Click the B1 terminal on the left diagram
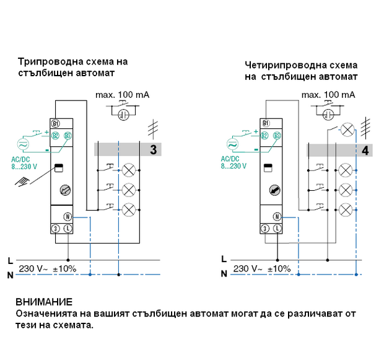click(x=56, y=123)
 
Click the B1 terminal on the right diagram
click(x=266, y=123)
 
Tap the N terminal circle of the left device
click(x=68, y=216)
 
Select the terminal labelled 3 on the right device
click(x=265, y=229)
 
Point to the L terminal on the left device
click(x=68, y=229)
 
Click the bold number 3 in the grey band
click(x=153, y=149)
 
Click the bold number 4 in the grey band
click(x=365, y=150)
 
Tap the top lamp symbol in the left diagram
click(x=129, y=169)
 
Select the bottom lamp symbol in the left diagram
click(x=129, y=209)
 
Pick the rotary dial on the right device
click(x=273, y=190)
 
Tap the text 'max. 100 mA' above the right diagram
click(x=328, y=95)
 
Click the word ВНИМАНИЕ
click(x=44, y=302)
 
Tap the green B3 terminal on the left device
click(x=68, y=136)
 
